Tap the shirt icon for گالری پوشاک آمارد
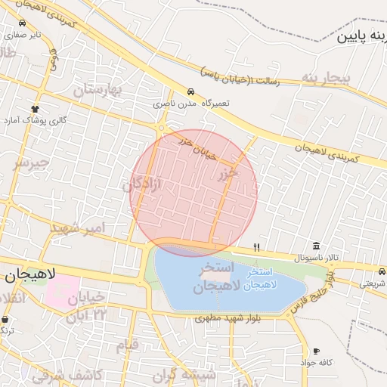(x=35, y=109)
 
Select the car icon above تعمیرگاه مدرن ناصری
(x=190, y=91)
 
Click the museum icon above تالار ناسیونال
(x=316, y=246)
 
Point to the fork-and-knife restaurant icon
(x=257, y=247)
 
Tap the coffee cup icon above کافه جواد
(x=316, y=351)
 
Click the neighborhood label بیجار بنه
(x=327, y=78)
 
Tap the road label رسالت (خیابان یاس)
(x=240, y=78)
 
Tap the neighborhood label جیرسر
(x=32, y=163)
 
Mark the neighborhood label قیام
(x=128, y=345)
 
